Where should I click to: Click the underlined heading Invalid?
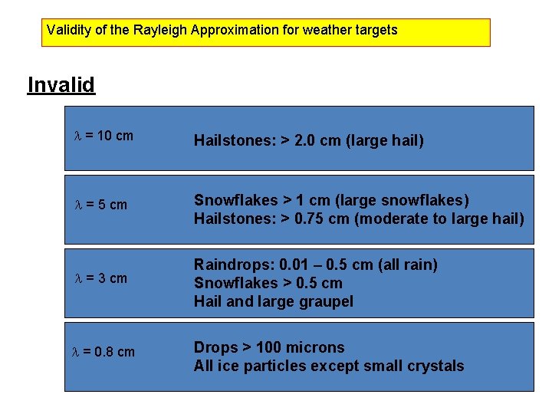coord(61,84)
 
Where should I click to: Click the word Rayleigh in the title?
coord(160,31)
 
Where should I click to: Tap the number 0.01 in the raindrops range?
coord(294,265)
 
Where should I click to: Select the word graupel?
coord(326,302)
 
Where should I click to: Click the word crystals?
coord(436,366)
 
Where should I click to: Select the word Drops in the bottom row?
coord(215,347)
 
